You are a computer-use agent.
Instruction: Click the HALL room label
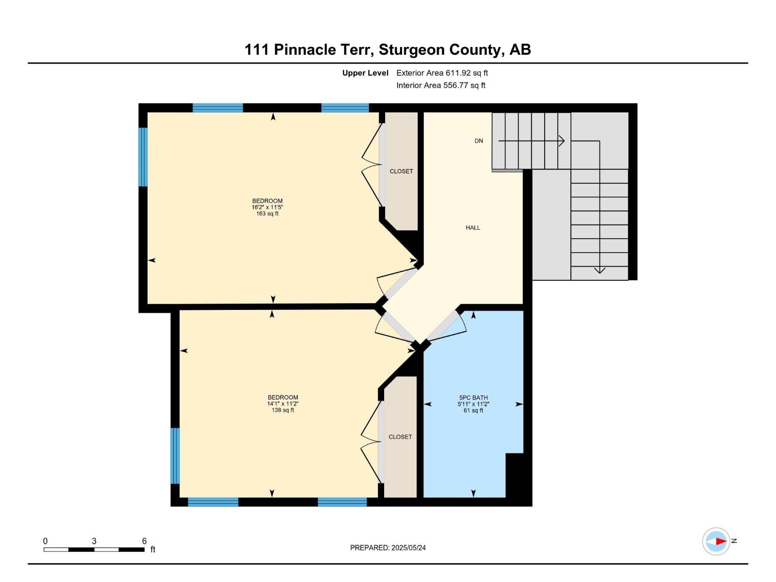[473, 227]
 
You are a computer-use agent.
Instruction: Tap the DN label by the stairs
[479, 141]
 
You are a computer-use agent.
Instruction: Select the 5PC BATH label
[473, 398]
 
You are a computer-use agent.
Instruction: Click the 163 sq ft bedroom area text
[267, 214]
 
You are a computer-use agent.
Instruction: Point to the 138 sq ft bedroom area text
[283, 410]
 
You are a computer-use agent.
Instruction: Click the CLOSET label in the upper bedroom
[401, 171]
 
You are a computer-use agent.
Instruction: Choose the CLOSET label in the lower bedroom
[400, 437]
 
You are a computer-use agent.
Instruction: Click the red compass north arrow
[721, 541]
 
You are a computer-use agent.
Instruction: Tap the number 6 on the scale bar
[144, 541]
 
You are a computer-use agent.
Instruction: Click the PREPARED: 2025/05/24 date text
[388, 548]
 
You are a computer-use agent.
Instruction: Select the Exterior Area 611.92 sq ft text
[442, 73]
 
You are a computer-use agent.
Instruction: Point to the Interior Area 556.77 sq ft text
[441, 85]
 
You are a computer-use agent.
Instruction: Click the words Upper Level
[365, 73]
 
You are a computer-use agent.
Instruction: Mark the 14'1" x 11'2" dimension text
[283, 404]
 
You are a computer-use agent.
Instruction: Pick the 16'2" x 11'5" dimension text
[267, 207]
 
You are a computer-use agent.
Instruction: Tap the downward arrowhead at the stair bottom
[599, 270]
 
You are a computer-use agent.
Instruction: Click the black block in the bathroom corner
[515, 475]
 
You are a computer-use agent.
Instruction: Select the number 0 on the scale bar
[45, 541]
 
